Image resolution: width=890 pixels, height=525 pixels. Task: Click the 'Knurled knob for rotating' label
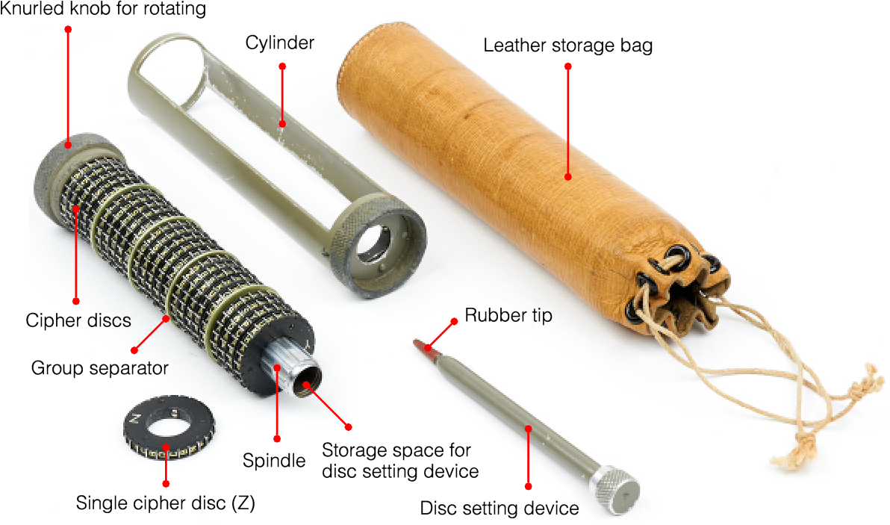pos(103,9)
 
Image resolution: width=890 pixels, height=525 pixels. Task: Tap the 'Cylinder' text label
pos(280,43)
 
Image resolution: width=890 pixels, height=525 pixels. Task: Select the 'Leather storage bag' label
pos(567,46)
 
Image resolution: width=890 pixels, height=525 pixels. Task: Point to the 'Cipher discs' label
pos(78,320)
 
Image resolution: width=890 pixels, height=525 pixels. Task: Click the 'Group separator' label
pos(100,367)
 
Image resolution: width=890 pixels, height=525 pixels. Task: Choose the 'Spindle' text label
pos(274,460)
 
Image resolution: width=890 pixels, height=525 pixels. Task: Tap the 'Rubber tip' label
pos(508,316)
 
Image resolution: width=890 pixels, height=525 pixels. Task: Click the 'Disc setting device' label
pos(500,508)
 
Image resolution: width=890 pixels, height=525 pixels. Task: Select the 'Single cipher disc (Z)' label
pos(166,503)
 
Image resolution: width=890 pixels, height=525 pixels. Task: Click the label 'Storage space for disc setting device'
pos(400,461)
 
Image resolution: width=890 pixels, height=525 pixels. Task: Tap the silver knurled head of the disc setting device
pos(617,489)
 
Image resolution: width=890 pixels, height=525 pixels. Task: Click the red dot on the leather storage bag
pos(568,177)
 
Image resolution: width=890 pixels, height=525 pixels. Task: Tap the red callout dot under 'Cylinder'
pos(282,67)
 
